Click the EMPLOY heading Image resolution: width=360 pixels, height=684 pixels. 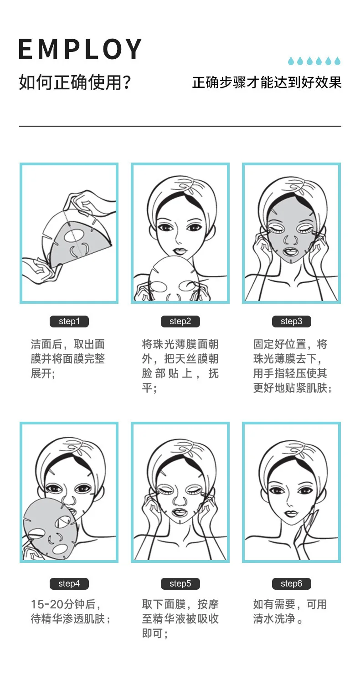[80, 49]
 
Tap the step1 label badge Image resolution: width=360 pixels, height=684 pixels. [69, 321]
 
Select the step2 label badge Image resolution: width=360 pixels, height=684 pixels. [180, 321]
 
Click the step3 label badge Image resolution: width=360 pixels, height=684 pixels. [292, 321]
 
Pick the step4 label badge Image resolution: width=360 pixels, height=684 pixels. [69, 583]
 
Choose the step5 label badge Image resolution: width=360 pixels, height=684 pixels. [180, 583]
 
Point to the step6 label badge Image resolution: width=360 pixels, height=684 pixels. [292, 583]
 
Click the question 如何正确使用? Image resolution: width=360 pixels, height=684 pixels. [75, 82]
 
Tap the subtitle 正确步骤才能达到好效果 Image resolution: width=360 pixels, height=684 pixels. [267, 82]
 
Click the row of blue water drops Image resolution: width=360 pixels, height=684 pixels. [314, 61]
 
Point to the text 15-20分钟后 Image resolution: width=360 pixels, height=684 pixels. [66, 604]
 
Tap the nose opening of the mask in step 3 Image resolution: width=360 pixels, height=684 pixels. [290, 240]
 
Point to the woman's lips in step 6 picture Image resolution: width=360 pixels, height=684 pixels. [291, 514]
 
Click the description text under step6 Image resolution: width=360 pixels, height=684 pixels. [290, 612]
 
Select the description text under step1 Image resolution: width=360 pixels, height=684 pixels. [68, 359]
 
